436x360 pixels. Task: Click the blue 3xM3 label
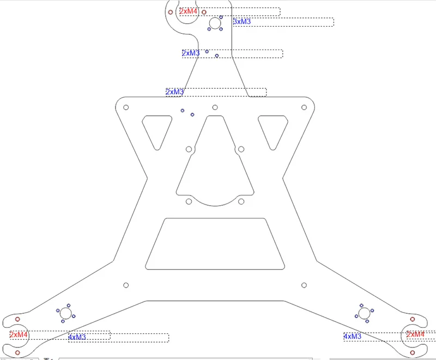(242, 22)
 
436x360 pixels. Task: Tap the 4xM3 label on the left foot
(77, 337)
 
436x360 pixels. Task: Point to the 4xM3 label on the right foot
(352, 337)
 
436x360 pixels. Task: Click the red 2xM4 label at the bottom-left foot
(19, 334)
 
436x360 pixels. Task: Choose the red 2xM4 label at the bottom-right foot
(415, 334)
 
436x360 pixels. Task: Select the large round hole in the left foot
(66, 313)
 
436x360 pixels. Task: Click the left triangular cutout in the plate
(156, 129)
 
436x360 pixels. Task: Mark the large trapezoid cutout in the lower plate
(215, 243)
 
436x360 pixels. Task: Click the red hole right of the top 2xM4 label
(203, 11)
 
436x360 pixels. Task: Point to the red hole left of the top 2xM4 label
(171, 11)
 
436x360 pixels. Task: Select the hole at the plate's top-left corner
(126, 107)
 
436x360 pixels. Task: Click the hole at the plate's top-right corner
(304, 107)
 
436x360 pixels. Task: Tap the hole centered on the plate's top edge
(215, 107)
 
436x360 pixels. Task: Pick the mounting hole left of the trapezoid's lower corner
(126, 285)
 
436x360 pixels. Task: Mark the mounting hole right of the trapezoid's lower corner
(304, 284)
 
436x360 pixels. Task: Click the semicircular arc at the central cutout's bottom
(215, 205)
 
